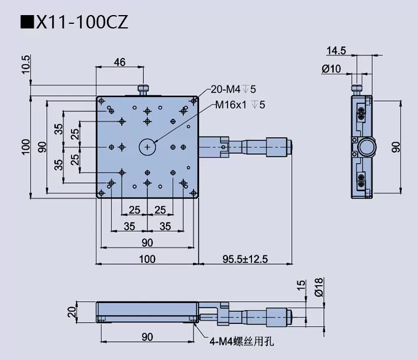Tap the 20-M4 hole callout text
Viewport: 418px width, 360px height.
(x=233, y=89)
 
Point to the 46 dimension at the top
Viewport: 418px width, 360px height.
(x=120, y=62)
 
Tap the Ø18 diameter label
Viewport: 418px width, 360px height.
(x=318, y=287)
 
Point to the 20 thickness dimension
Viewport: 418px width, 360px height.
(x=71, y=312)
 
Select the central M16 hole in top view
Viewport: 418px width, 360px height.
(x=148, y=147)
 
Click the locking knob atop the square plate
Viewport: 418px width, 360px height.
(x=143, y=89)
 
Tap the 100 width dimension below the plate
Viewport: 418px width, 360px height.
(x=147, y=259)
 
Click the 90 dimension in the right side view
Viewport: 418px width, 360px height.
(x=397, y=147)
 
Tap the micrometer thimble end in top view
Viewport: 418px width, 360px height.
(x=278, y=147)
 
